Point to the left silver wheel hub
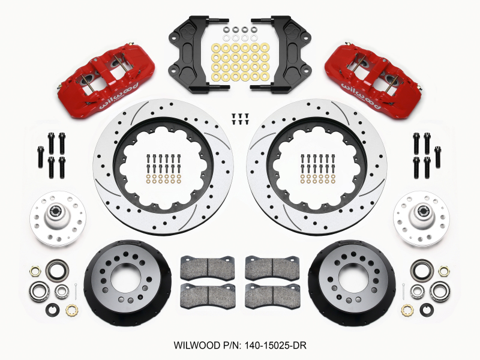[58, 217]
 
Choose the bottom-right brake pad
[274, 296]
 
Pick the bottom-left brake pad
[207, 296]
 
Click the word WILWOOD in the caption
[197, 347]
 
